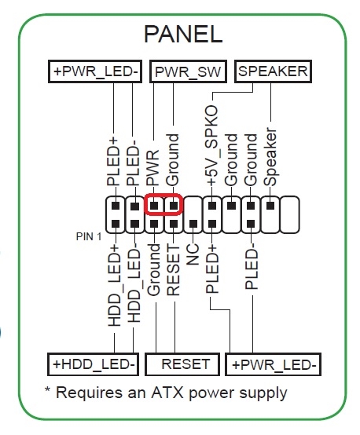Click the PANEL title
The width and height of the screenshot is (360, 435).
(183, 34)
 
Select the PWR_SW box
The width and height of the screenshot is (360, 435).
(188, 71)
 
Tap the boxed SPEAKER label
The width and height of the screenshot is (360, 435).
(273, 71)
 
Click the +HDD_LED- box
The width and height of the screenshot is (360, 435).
(93, 364)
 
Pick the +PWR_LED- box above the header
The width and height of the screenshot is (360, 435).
(95, 71)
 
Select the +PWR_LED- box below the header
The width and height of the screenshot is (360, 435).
(273, 364)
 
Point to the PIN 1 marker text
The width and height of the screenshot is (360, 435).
(89, 236)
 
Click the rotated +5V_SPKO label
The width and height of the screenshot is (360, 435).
(212, 145)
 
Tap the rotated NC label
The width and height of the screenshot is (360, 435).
(193, 254)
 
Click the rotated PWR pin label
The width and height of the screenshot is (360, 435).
(153, 168)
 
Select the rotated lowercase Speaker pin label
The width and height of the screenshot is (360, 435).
(270, 157)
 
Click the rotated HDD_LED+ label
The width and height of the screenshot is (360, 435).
(115, 286)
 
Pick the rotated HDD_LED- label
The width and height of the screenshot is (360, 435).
(134, 286)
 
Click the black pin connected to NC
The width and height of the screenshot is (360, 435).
(193, 224)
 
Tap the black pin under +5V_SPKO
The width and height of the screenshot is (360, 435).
(212, 206)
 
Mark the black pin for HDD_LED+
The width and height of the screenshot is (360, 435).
(116, 224)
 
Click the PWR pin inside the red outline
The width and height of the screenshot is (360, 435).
(154, 206)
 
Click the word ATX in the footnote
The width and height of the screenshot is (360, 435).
(167, 393)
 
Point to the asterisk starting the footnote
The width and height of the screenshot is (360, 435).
(47, 389)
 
